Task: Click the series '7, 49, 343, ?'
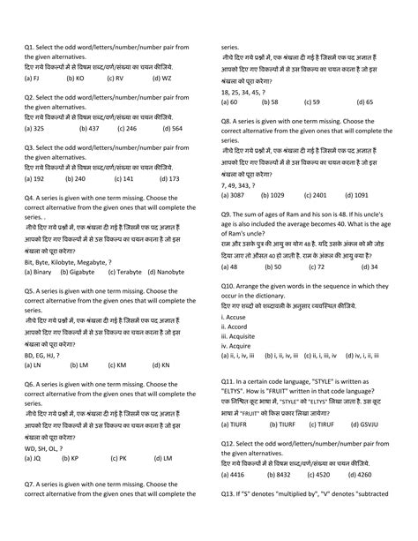point(238,184)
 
